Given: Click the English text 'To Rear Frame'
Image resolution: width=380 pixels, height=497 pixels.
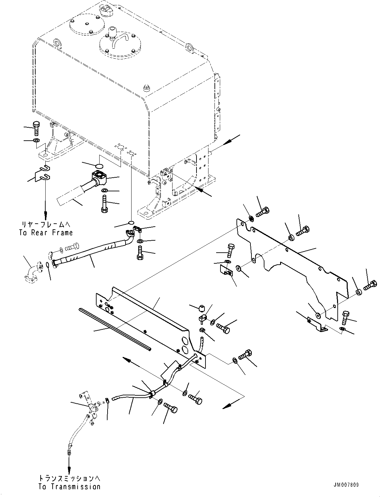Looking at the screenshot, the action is (46, 233).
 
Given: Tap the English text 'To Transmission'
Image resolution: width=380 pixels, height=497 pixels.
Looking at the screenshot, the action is (69, 487).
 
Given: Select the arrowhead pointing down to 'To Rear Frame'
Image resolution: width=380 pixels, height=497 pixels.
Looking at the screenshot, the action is (46, 214).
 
